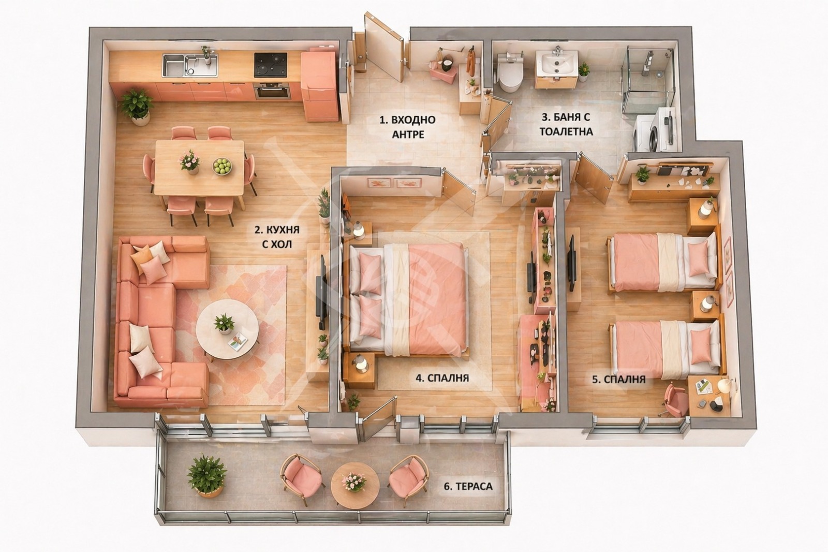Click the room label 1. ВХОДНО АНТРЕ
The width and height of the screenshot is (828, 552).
point(408,127)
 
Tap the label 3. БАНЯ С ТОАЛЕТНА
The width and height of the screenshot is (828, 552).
point(566,124)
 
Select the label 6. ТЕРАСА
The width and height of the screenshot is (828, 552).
point(468,486)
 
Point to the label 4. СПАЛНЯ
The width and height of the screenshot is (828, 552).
point(442,377)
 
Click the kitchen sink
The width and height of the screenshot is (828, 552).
point(190,65)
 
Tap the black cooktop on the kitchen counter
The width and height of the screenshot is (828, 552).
point(270,65)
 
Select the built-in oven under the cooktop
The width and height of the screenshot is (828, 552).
point(273,91)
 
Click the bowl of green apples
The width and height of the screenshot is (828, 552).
point(222,166)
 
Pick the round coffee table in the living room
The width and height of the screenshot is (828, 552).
point(227,329)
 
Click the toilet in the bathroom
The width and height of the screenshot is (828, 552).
point(510,73)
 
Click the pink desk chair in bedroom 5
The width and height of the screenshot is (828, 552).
point(675,400)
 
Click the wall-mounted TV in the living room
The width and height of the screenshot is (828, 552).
point(321,292)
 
